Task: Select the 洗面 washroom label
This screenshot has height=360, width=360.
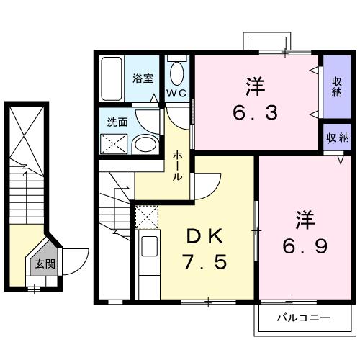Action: coord(117,122)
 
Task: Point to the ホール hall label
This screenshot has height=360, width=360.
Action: coord(177,166)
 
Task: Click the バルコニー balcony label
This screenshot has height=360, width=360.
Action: coord(304,317)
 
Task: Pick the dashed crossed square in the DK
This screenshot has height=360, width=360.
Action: coord(147,217)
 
